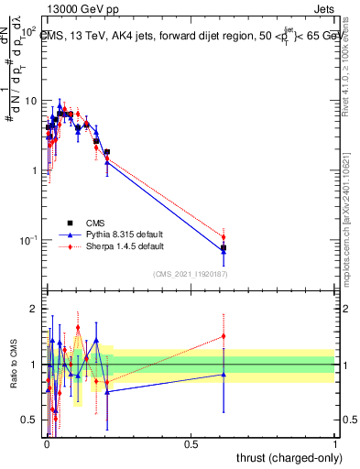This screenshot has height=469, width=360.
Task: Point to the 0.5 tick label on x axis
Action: [x=190, y=443]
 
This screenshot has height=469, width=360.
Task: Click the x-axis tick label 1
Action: [x=335, y=443]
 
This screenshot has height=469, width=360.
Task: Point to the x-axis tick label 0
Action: [x=46, y=443]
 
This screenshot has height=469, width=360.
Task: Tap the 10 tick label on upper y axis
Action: [x=33, y=101]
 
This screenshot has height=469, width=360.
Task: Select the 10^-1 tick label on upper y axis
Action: [x=30, y=240]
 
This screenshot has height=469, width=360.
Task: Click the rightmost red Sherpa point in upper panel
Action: [x=224, y=237]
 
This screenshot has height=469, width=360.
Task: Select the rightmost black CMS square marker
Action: [x=224, y=247]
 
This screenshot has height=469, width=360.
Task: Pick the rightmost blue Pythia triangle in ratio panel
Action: [x=224, y=374]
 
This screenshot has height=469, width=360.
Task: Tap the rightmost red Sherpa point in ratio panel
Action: [x=224, y=336]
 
